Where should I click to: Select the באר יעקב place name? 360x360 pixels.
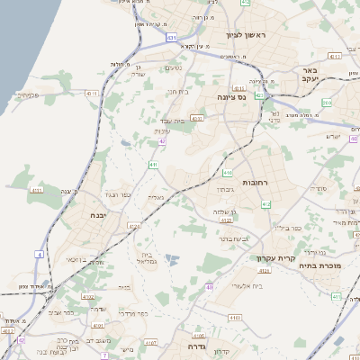click(311, 75)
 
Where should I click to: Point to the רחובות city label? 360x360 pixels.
click(244, 183)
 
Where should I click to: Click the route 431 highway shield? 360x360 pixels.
click(172, 38)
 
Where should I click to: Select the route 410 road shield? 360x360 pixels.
click(228, 172)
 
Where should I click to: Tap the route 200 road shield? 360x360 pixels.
click(326, 103)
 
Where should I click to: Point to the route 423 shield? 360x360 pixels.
click(259, 95)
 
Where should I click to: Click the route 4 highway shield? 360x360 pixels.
click(40, 255)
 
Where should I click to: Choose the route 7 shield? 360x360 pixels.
click(104, 356)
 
